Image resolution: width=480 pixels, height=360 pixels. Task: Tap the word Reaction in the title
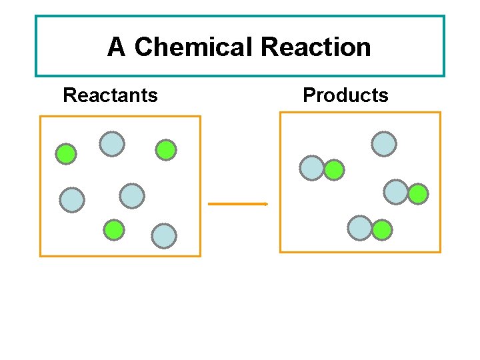tap(316, 47)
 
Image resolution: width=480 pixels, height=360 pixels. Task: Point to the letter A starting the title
tap(116, 47)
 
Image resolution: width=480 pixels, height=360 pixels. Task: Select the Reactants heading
tap(110, 95)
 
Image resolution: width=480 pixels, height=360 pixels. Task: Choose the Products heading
tap(345, 95)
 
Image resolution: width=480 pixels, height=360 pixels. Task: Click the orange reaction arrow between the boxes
tap(238, 203)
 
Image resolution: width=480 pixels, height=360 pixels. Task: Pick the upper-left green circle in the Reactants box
tap(65, 155)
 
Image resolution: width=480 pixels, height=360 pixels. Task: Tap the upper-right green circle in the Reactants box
tap(166, 151)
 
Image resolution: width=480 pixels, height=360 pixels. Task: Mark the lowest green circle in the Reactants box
tap(114, 230)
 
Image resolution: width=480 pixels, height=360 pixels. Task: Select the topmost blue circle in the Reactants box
tap(112, 143)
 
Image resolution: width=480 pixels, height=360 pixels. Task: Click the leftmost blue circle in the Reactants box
tap(72, 199)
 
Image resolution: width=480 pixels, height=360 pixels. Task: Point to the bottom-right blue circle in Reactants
tap(164, 235)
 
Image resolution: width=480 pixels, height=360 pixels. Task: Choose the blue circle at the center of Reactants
tap(132, 195)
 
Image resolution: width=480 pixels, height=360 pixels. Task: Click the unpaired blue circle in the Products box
tap(384, 143)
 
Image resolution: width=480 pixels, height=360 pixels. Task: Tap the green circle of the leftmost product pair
tap(334, 171)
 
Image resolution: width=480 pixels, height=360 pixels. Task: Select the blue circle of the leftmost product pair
tap(312, 168)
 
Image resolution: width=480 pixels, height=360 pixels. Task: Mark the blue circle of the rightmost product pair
tap(396, 192)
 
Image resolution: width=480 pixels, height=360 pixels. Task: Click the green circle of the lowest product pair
tap(382, 231)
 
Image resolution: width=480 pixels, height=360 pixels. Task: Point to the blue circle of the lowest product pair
tap(360, 228)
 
